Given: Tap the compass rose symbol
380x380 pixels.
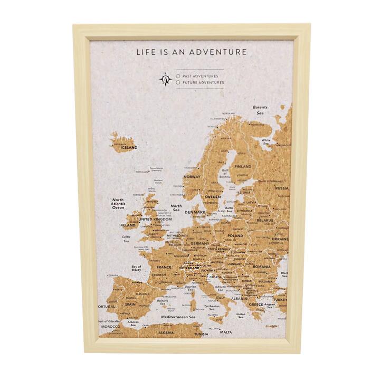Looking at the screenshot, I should pyautogui.click(x=166, y=80).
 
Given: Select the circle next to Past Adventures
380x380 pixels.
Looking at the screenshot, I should pyautogui.click(x=178, y=76).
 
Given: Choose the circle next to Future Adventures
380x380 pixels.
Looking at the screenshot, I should pyautogui.click(x=178, y=83).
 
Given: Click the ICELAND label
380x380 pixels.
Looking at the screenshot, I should pyautogui.click(x=128, y=148).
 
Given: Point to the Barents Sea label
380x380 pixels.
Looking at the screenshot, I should pyautogui.click(x=260, y=110).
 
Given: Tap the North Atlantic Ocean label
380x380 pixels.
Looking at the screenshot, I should pyautogui.click(x=118, y=204).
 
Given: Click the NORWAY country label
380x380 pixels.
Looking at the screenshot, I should pyautogui.click(x=192, y=177).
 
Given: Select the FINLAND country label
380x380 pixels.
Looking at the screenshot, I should pyautogui.click(x=242, y=166).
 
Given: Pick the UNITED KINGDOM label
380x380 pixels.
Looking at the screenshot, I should pyautogui.click(x=155, y=219).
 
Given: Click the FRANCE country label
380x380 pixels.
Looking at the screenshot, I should pyautogui.click(x=164, y=267).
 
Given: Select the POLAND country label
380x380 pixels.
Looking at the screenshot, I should pyautogui.click(x=235, y=235).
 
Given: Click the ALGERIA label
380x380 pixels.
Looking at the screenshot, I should pyautogui.click(x=166, y=333).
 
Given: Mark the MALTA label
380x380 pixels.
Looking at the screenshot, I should pyautogui.click(x=225, y=332).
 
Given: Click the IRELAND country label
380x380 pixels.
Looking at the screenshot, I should pyautogui.click(x=128, y=225).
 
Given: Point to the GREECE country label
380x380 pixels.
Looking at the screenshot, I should pyautogui.click(x=256, y=305).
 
